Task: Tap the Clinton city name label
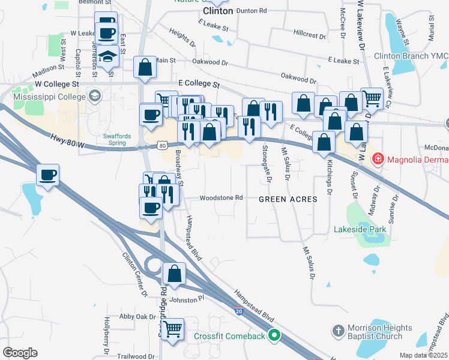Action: tap(217, 11)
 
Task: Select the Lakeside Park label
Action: tap(360, 229)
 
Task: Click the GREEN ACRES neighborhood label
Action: tap(288, 199)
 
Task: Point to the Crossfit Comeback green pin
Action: tap(275, 335)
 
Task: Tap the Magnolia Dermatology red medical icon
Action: tap(378, 160)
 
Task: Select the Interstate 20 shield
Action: tap(239, 311)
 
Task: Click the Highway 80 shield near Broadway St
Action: tap(163, 146)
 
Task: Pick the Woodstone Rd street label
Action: tap(221, 197)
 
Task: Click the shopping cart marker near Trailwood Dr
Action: tap(172, 329)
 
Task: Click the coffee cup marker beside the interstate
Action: tap(48, 175)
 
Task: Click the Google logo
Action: tap(20, 353)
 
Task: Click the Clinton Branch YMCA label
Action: tap(411, 56)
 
